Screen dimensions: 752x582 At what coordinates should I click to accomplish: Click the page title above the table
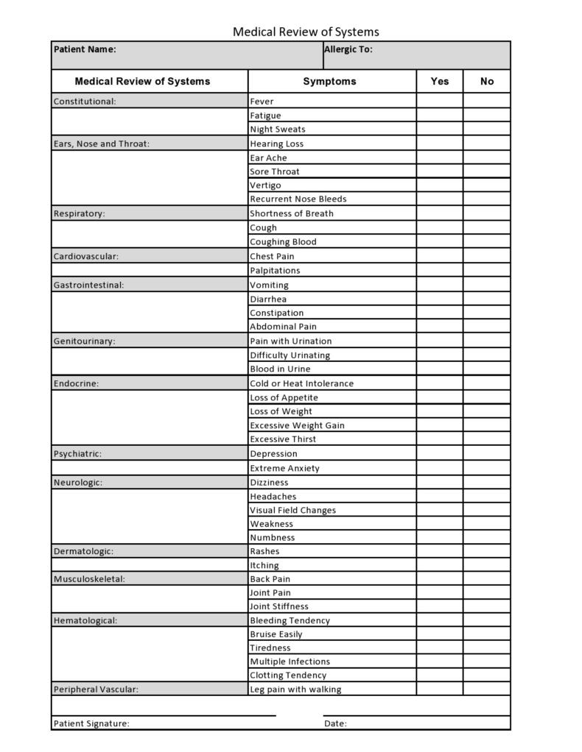point(306,32)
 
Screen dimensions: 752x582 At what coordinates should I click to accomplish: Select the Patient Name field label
point(85,49)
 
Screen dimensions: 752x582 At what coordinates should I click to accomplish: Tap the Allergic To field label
point(348,49)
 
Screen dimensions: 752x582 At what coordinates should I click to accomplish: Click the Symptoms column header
point(329,82)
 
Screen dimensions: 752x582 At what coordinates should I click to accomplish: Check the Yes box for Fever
point(440,101)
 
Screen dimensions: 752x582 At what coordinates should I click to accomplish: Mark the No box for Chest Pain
point(486,256)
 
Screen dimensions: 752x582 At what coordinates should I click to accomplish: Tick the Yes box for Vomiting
point(440,285)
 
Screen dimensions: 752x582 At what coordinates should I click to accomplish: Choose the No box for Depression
point(486,453)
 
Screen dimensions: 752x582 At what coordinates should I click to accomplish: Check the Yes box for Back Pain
point(440,579)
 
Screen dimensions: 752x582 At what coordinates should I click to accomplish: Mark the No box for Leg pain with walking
point(486,689)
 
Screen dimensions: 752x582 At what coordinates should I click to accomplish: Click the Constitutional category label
point(85,102)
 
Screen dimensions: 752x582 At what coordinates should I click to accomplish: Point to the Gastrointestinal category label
point(88,285)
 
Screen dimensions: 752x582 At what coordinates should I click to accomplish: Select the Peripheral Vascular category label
point(96,689)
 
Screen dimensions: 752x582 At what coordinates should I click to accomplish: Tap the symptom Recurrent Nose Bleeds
point(298,199)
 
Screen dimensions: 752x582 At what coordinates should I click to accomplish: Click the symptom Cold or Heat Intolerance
point(301,383)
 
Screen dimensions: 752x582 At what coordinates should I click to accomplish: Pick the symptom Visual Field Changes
point(292,510)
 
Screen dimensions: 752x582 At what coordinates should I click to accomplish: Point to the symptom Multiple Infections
point(290,661)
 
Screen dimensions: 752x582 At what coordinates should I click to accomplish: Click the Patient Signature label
point(91,723)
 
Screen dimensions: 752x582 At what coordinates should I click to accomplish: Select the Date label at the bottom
point(335,723)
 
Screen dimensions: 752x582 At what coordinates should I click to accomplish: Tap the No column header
point(486,82)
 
